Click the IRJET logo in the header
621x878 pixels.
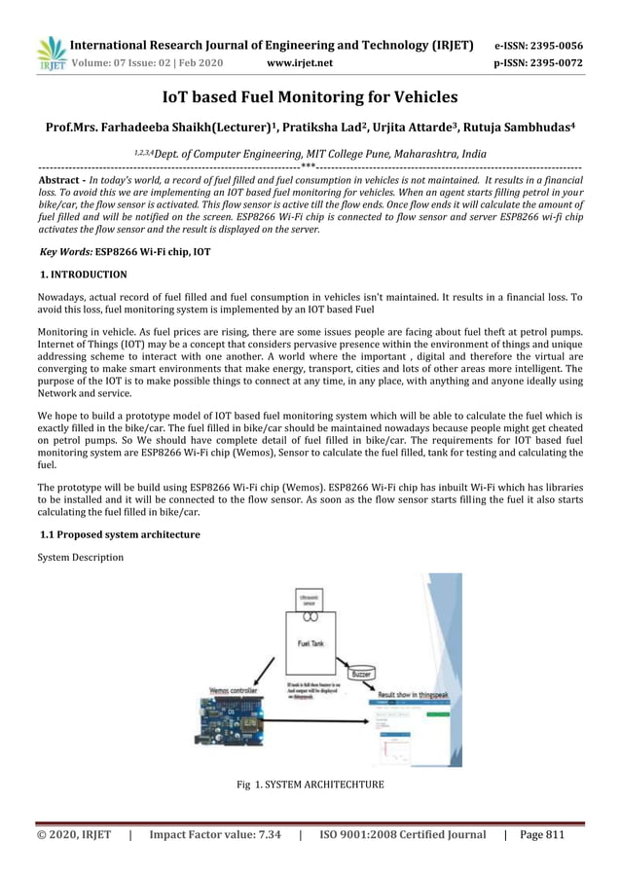click(50, 54)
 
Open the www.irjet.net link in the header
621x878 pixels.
click(299, 64)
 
